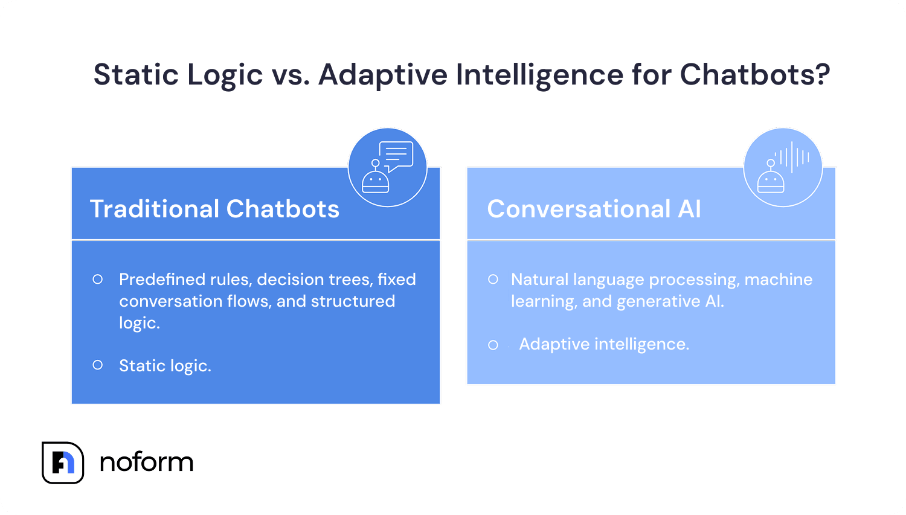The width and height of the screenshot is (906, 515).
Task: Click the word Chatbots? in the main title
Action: coord(755,75)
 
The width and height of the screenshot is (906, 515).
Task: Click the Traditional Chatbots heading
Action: coord(214,209)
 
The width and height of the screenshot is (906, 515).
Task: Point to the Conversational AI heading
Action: coord(594,209)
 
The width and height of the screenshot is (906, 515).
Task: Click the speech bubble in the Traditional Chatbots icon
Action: coord(396,155)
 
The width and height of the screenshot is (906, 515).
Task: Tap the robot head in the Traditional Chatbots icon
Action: coord(375,181)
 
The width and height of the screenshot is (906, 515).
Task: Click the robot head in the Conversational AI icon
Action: coord(771,181)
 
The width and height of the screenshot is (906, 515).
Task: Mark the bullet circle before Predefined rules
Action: coord(97,280)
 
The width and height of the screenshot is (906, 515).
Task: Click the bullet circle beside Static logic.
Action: coord(97,365)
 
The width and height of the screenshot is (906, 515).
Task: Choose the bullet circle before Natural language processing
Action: coord(493,280)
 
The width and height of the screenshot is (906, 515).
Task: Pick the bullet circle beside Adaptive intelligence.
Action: coord(493,345)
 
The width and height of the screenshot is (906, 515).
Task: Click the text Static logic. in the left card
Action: coord(165,366)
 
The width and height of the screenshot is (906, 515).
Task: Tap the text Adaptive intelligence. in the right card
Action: coord(604,344)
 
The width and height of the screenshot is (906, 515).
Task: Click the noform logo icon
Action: coord(63,462)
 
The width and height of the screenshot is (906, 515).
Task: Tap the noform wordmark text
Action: coord(146,462)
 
